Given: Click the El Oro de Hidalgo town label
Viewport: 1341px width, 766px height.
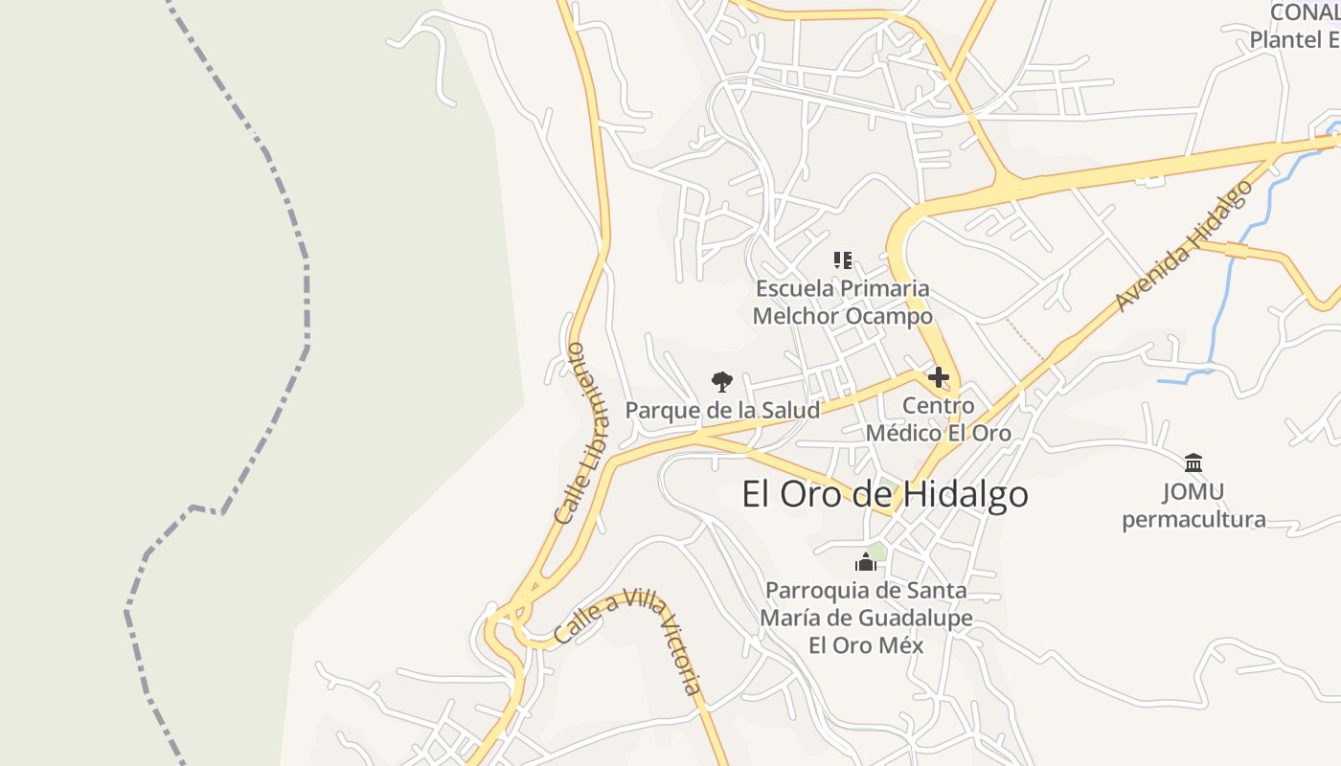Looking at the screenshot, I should (x=885, y=494).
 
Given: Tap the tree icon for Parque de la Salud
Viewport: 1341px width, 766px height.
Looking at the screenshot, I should (x=722, y=382).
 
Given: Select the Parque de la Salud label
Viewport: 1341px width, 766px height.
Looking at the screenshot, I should (x=722, y=411).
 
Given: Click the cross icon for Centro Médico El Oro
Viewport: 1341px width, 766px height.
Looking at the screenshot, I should (x=939, y=377).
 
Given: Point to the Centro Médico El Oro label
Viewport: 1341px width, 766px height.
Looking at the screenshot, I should (x=939, y=419).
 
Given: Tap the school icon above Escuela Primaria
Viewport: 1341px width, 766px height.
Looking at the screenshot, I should (x=842, y=260).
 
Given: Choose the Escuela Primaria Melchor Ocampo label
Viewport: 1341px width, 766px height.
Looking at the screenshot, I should (x=842, y=302).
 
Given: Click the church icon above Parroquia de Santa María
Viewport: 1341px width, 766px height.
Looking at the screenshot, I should (x=866, y=562).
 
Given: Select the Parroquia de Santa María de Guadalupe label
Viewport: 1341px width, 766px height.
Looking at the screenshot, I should (x=866, y=618).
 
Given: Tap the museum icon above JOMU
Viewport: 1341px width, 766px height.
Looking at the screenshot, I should (x=1193, y=463).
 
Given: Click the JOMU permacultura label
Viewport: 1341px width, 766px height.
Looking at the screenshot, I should (x=1193, y=506).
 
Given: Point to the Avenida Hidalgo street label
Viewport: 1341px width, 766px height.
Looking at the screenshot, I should (x=1184, y=246).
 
